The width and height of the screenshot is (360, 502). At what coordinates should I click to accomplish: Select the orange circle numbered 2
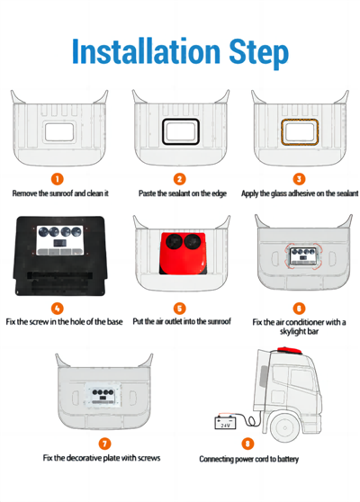coord(180,179)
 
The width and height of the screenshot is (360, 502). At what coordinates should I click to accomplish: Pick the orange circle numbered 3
coord(300,179)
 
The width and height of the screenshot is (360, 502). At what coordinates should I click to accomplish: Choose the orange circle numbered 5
coord(180,308)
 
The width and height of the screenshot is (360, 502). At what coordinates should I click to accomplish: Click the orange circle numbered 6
coord(300,308)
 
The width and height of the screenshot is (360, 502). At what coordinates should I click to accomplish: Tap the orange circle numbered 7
coord(105,444)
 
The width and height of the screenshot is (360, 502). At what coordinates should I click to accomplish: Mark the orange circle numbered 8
coord(248,444)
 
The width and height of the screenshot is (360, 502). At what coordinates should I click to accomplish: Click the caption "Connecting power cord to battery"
coord(248,460)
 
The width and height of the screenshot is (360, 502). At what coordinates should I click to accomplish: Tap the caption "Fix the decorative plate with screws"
coord(102,458)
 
